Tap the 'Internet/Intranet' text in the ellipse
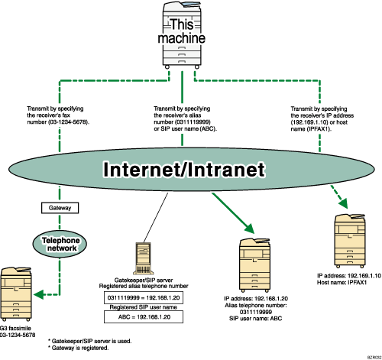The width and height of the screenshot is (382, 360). point(181,167)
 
